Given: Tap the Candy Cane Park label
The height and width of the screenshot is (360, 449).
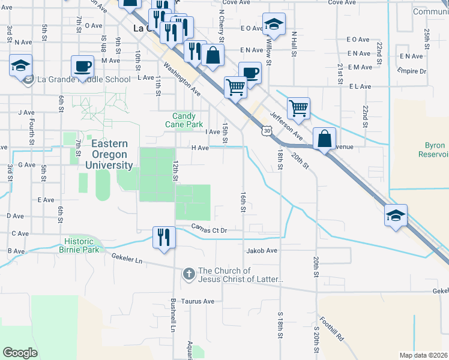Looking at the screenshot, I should pos(184,120).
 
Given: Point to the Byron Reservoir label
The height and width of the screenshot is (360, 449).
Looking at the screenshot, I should pos(435,149).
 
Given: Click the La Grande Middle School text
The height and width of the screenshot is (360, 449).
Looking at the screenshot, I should pos(83,79).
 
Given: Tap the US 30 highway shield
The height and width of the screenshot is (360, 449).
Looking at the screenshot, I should pos(267,130).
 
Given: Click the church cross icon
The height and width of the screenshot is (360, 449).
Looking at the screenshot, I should pos(188,275).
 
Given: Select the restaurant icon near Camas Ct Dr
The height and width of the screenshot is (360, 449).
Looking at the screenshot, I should pos(163,236).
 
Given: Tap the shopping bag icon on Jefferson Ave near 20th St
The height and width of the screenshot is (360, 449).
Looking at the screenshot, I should pos(324,139).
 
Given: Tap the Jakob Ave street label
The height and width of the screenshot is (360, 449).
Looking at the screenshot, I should pos(261,251).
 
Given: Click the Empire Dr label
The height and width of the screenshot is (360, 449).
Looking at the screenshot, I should pos(412,71).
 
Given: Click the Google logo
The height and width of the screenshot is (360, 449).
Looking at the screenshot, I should pos(20,352).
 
